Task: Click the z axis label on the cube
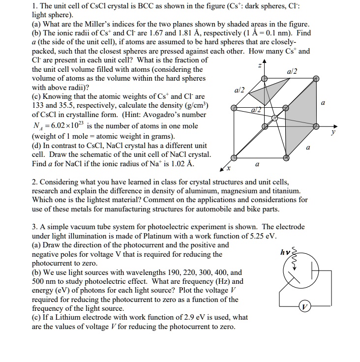259,66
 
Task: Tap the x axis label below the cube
228,169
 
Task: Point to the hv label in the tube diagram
285,252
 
